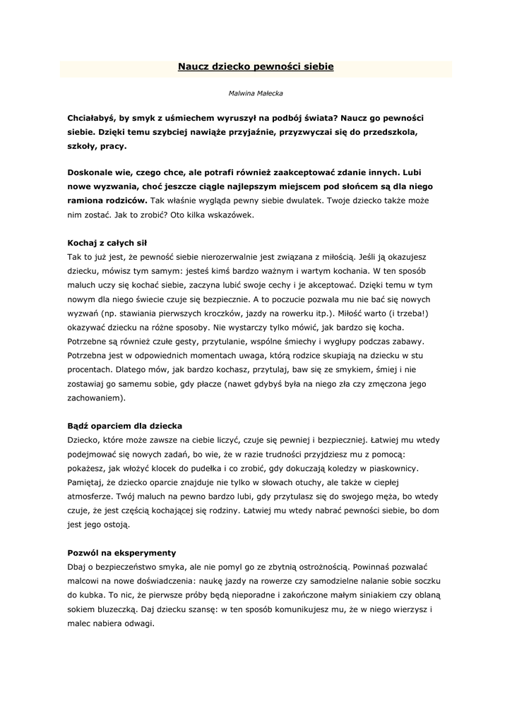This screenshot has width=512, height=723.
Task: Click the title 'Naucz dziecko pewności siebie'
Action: point(256,66)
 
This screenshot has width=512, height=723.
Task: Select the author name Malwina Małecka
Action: point(256,92)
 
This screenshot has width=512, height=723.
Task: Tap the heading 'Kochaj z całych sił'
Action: point(107,242)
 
